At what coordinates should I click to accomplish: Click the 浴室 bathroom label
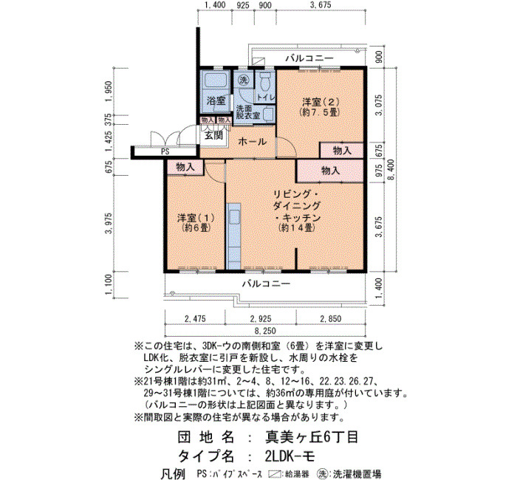pos(216,100)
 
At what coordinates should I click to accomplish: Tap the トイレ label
pos(266,97)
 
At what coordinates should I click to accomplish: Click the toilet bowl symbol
pos(264,81)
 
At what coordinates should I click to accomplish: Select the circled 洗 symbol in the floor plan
pos(243,80)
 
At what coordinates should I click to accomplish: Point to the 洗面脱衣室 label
pos(247,112)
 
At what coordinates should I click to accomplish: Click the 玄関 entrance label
pos(213,135)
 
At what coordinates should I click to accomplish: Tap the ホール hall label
pos(253,142)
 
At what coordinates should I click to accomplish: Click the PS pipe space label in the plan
pos(165,152)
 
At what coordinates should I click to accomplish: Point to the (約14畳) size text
pos(295,227)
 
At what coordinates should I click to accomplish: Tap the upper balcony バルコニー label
pos(309,58)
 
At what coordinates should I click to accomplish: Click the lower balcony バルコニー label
pos(267,284)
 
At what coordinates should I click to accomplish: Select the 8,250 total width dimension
pos(264,331)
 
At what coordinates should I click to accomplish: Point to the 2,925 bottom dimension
pos(261,319)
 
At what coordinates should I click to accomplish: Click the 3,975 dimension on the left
pos(109,223)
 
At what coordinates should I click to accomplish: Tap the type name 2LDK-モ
pos(290,456)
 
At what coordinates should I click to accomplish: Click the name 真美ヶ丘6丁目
pos(312,437)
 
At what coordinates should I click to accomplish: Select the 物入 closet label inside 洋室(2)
pos(342,151)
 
